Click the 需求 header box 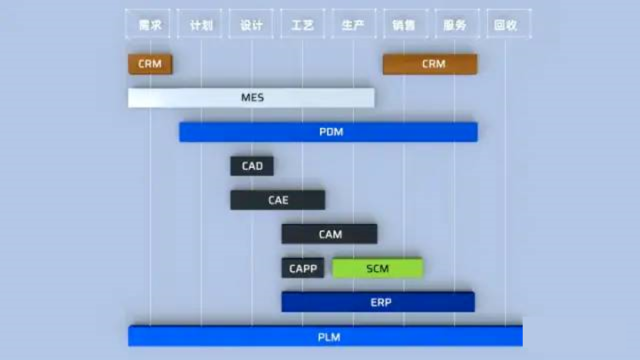pos(150,25)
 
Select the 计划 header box pos(201,25)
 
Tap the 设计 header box pos(252,25)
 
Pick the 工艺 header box pos(302,25)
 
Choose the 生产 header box pos(353,25)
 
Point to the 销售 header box pos(404,25)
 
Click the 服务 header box pos(455,25)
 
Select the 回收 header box pos(506,25)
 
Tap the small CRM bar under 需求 pos(150,64)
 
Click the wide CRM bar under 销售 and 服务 pos(430,64)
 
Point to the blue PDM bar pos(328,132)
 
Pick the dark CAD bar pos(252,166)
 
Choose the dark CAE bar pos(277,200)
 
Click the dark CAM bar pos(329,234)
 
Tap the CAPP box pos(303,268)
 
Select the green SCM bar pos(378,268)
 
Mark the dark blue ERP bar pos(378,302)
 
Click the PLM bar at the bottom pos(325,337)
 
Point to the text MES pos(252,97)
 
